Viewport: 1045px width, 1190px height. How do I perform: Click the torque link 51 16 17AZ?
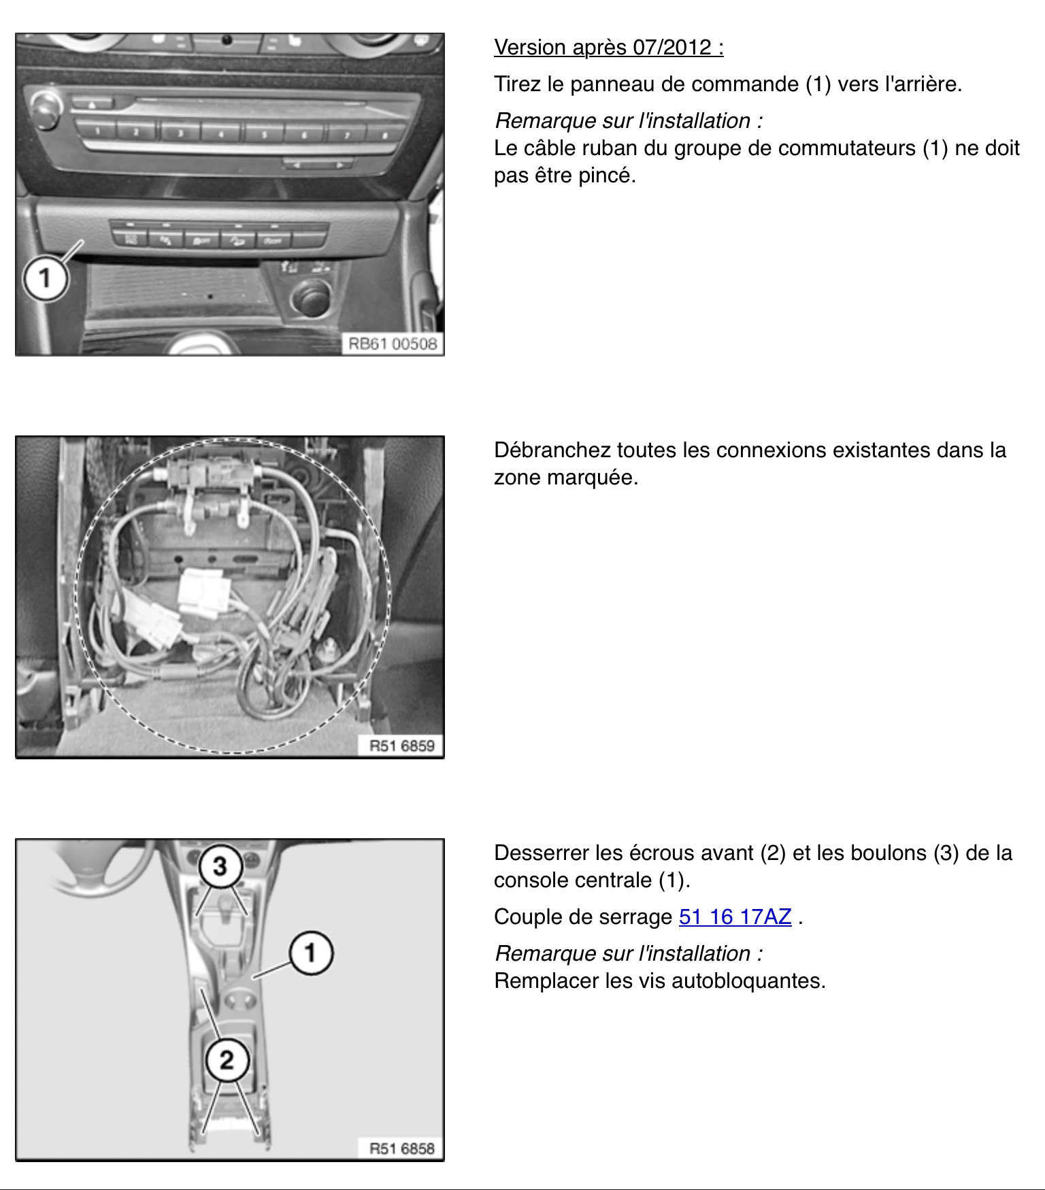pos(735,917)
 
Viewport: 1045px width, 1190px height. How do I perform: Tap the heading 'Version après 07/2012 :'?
pos(608,48)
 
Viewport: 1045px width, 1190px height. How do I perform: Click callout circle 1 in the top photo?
pos(46,278)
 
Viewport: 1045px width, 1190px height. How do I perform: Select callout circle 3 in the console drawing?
pos(220,866)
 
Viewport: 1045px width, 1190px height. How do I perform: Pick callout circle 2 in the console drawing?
pos(227,1059)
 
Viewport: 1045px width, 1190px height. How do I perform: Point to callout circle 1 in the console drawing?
pos(311,953)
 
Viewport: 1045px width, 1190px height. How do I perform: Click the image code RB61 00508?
pos(393,344)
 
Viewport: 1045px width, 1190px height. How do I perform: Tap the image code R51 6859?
pos(401,746)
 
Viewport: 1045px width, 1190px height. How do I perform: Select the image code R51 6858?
pos(401,1148)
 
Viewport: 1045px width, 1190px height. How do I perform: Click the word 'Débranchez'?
pos(552,450)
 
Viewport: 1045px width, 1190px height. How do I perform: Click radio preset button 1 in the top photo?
pos(96,129)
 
